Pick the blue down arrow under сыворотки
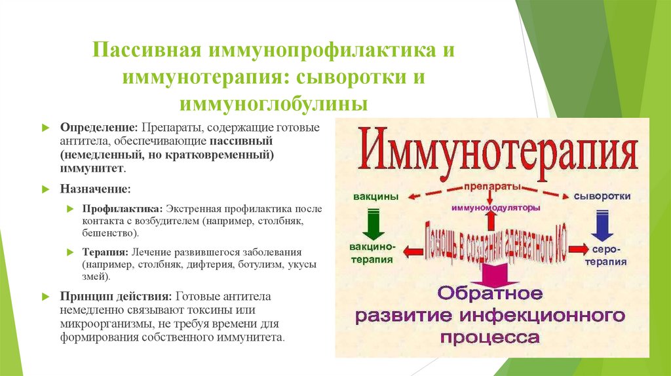(x=600, y=224)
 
